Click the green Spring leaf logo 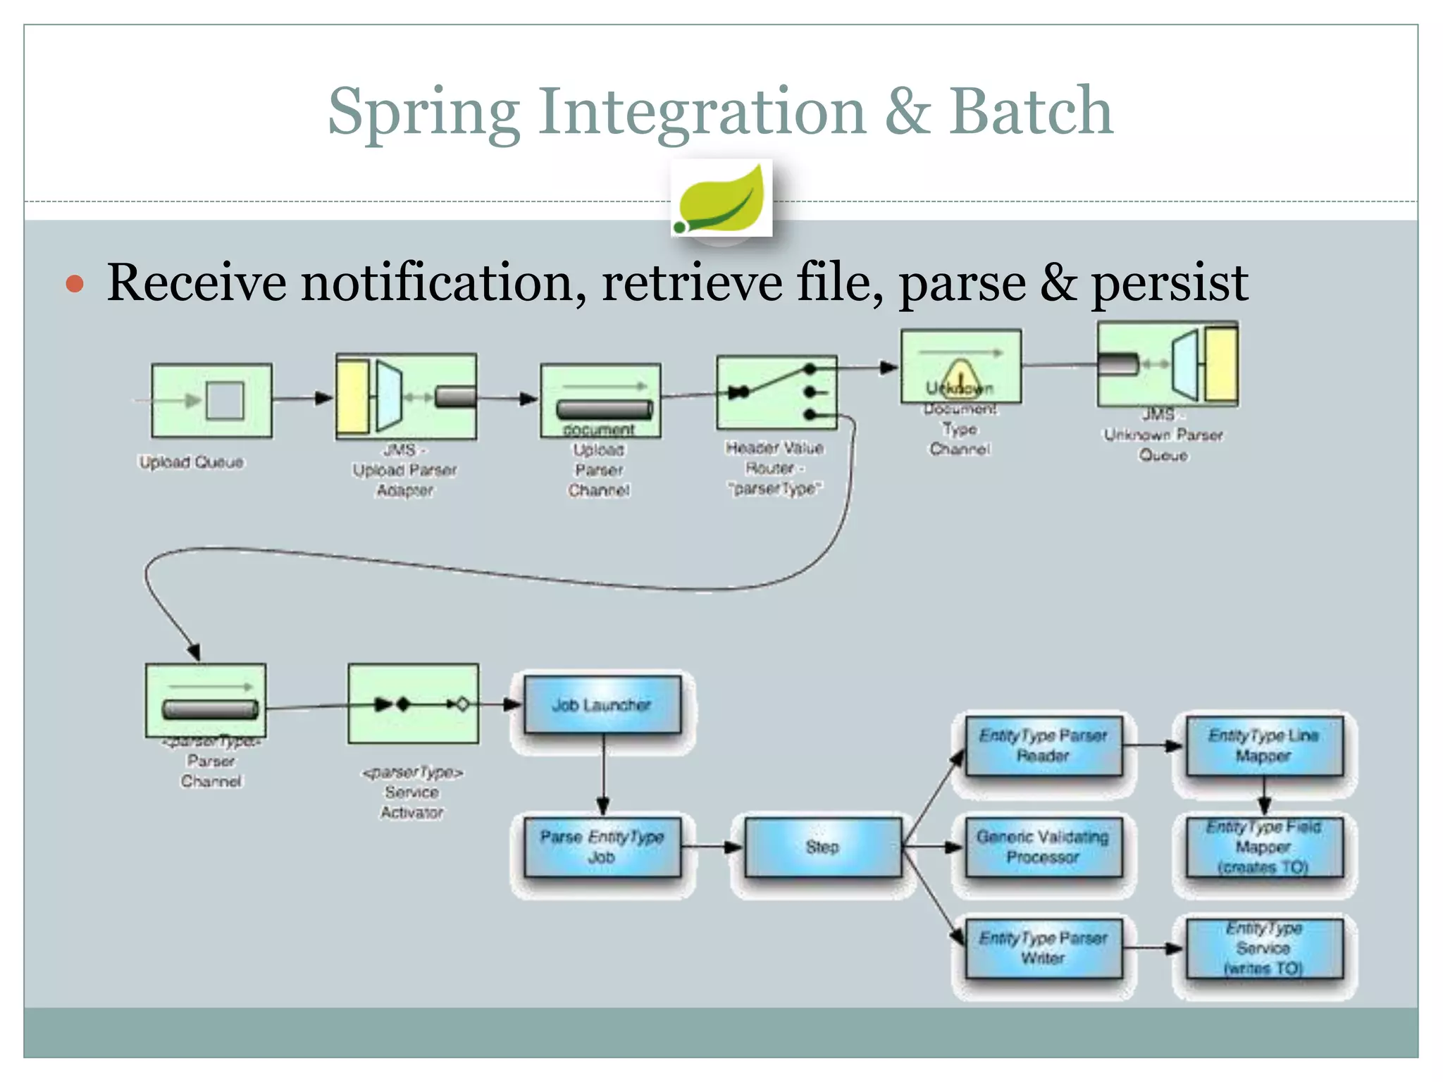(x=721, y=199)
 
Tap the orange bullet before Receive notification (x=75, y=284)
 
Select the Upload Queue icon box (x=212, y=400)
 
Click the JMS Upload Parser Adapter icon (x=406, y=397)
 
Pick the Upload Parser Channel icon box (x=600, y=400)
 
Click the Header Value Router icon (x=776, y=392)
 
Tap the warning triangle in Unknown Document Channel (x=960, y=374)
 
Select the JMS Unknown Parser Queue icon (x=1168, y=364)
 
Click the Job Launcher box (x=602, y=704)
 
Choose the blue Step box (x=822, y=847)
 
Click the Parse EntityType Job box (x=602, y=847)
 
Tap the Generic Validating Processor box (x=1043, y=847)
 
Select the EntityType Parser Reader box (x=1043, y=745)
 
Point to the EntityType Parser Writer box (x=1043, y=948)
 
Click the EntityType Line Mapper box (x=1264, y=745)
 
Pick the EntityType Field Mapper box (x=1264, y=847)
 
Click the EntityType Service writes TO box (x=1264, y=948)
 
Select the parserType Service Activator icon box (x=414, y=703)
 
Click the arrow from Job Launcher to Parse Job (x=603, y=775)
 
